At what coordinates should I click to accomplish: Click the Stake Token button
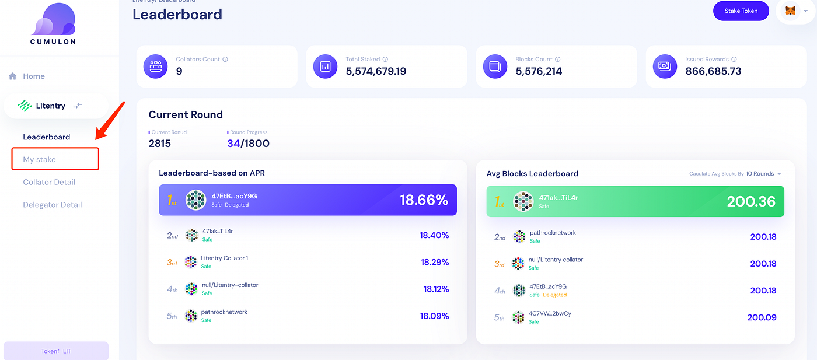741,11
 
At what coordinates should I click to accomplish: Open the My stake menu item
40,159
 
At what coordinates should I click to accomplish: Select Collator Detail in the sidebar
49,182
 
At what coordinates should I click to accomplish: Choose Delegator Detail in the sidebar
53,205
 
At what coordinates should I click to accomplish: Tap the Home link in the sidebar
33,76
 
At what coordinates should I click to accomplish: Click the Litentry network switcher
55,106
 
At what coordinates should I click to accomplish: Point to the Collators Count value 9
179,71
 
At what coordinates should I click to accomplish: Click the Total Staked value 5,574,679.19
376,71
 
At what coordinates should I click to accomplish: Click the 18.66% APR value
424,201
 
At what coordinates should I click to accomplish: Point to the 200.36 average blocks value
751,202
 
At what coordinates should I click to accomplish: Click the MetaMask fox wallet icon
790,11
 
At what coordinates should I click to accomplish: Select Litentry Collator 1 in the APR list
225,258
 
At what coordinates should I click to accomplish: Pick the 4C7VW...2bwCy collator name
550,314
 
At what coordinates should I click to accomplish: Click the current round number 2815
160,144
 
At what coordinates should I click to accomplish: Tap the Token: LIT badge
56,351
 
